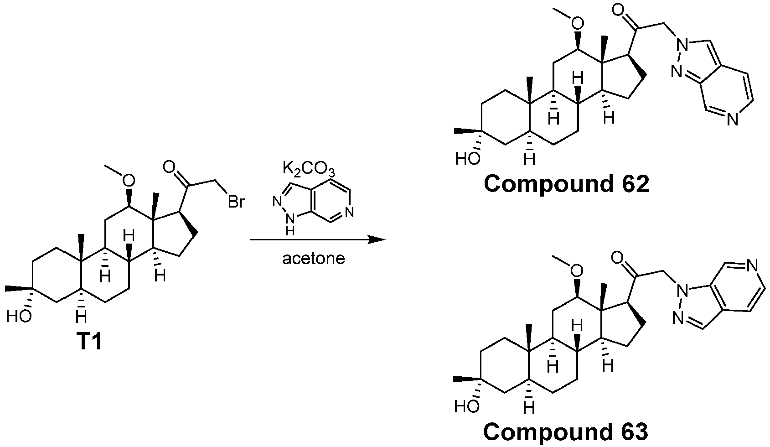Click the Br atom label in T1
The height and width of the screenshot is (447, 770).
236,202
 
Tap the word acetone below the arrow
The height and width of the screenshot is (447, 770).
314,259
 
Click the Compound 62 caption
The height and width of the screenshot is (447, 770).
567,184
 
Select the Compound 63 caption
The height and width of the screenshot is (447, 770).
566,432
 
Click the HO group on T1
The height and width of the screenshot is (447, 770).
19,317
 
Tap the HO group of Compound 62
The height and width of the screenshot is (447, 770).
467,159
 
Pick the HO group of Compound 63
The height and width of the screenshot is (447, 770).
467,407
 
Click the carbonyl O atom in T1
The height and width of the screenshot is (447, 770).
170,168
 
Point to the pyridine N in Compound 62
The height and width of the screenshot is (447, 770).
732,120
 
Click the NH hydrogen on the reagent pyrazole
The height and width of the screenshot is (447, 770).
290,230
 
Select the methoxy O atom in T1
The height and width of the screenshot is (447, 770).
129,180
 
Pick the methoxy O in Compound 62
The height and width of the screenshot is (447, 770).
578,23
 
